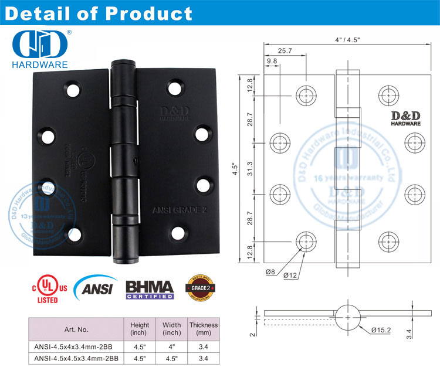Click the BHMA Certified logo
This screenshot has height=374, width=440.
click(x=150, y=290)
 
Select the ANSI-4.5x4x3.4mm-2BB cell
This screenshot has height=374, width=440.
click(x=76, y=346)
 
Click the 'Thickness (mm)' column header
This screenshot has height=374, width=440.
click(x=204, y=329)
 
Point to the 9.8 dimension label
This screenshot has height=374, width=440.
click(x=272, y=61)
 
